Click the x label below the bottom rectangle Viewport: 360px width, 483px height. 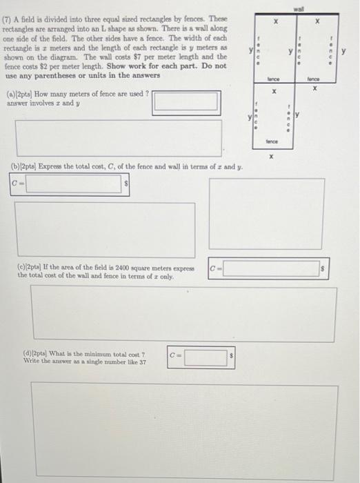[x=272, y=157]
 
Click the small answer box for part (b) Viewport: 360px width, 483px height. [x=75, y=185]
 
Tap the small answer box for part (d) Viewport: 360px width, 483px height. [x=206, y=357]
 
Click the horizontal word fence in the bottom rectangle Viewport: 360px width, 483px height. [x=272, y=141]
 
